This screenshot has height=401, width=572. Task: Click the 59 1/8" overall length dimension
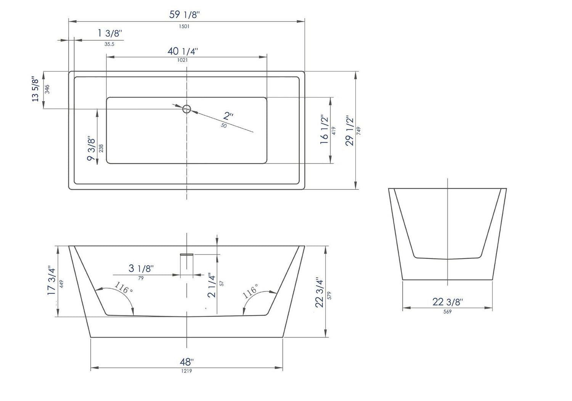coord(184,15)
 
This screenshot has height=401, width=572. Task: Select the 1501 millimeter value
coord(184,26)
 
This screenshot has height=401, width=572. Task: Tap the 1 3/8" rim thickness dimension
coord(109,33)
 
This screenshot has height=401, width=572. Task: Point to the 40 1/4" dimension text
coord(183,51)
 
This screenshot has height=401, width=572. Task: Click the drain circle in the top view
coord(186,109)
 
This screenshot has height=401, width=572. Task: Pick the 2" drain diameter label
coord(228,115)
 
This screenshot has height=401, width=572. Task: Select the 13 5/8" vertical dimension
coord(35,89)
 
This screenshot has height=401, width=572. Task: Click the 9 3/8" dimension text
coord(91,148)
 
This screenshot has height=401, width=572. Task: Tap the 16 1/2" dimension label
coord(325,129)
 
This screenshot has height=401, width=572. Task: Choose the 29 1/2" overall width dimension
coord(350,131)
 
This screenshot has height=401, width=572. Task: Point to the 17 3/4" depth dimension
coord(51,280)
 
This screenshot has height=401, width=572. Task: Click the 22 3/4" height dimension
coord(319,293)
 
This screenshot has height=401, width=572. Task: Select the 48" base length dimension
coord(187,361)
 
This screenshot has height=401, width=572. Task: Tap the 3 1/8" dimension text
coord(141,268)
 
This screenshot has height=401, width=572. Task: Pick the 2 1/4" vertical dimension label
coord(212,285)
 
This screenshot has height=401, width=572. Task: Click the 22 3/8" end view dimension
coord(448,302)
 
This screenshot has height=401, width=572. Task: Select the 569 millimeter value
coord(448,312)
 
